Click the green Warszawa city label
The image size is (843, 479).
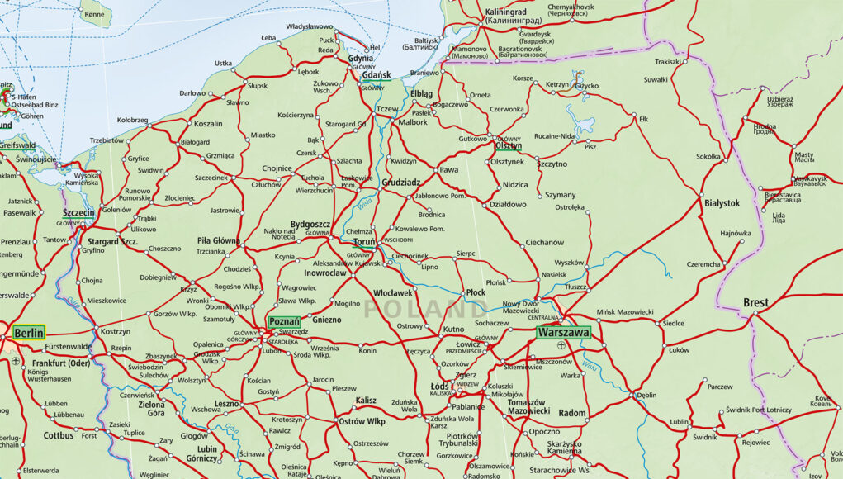(x=564, y=332)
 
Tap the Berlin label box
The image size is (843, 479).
(x=29, y=334)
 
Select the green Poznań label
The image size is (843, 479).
(x=285, y=320)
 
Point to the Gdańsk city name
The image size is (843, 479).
(x=376, y=75)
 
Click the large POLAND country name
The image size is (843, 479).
(x=425, y=310)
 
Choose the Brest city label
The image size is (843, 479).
(x=755, y=303)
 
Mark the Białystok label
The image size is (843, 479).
(x=722, y=202)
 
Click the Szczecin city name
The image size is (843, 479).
(x=78, y=212)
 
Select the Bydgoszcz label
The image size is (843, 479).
(x=310, y=224)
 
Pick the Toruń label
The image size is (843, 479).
(x=364, y=244)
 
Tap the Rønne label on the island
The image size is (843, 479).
(x=94, y=14)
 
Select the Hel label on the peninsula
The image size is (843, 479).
(x=374, y=48)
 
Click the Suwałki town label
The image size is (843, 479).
(x=655, y=80)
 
